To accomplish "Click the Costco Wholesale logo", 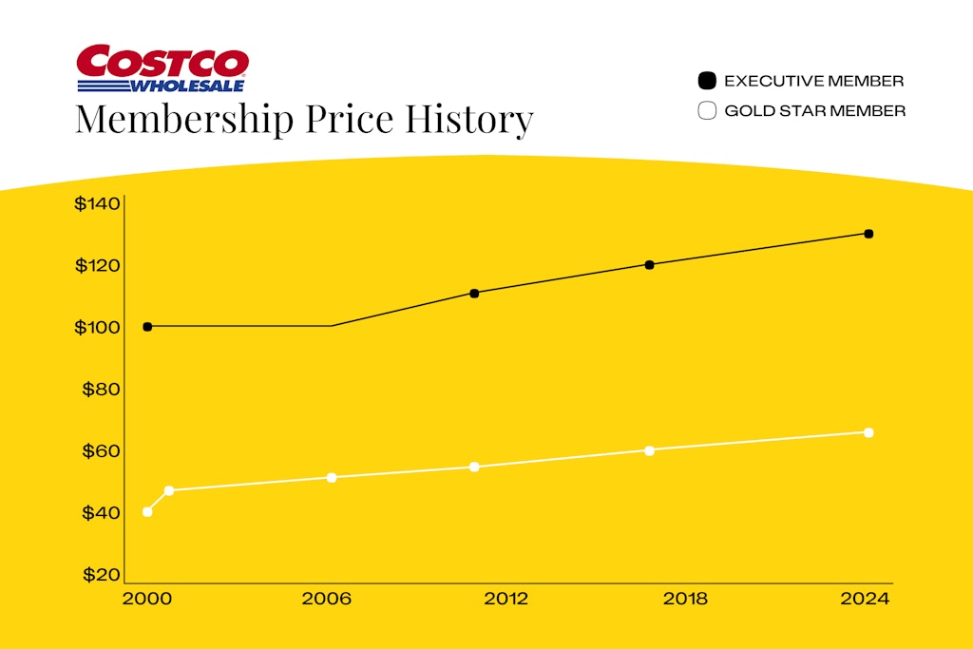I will pyautogui.click(x=162, y=69).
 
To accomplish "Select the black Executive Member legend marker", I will pyautogui.click(x=706, y=81).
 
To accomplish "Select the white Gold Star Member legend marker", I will pyautogui.click(x=706, y=111).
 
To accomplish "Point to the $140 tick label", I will pyautogui.click(x=98, y=204).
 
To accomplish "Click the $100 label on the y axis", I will pyautogui.click(x=98, y=328).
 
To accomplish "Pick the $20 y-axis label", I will pyautogui.click(x=101, y=575).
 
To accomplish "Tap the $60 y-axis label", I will pyautogui.click(x=101, y=451).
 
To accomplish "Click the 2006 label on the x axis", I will pyautogui.click(x=326, y=600).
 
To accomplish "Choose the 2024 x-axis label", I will pyautogui.click(x=866, y=600).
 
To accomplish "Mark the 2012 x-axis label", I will pyautogui.click(x=506, y=600).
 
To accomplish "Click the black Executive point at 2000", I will pyautogui.click(x=147, y=327).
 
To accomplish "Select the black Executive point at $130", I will pyautogui.click(x=868, y=234).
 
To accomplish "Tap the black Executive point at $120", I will pyautogui.click(x=650, y=265).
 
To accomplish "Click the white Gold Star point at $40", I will pyautogui.click(x=147, y=512).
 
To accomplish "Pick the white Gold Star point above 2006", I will pyautogui.click(x=332, y=477).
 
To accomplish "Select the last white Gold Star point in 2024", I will pyautogui.click(x=868, y=432).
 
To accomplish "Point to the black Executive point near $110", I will pyautogui.click(x=474, y=293).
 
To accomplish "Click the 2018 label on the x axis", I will pyautogui.click(x=685, y=600).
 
